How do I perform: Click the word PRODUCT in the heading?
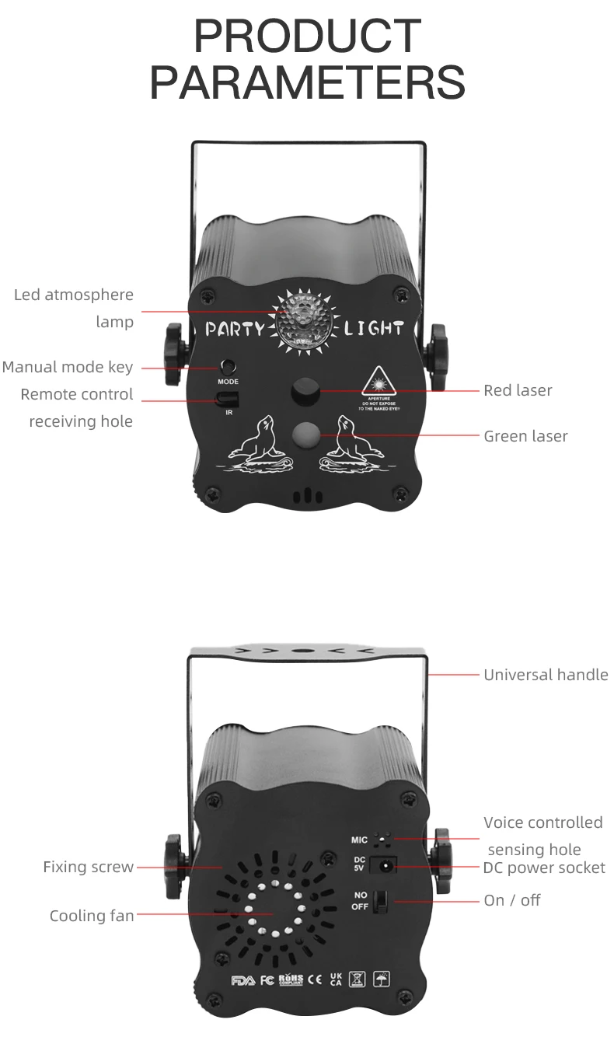(x=307, y=36)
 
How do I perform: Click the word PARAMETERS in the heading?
(x=307, y=83)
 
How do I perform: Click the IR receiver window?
(x=227, y=399)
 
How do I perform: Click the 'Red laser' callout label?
(x=518, y=390)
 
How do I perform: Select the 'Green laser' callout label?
(x=525, y=436)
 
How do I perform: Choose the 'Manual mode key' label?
(x=68, y=367)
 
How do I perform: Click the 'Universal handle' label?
(x=546, y=675)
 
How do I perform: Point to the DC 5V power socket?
(x=382, y=865)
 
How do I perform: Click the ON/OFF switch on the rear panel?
(x=381, y=902)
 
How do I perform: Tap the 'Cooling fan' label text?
(x=92, y=916)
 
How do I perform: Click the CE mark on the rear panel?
(x=315, y=979)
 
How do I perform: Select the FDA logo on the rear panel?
(x=242, y=980)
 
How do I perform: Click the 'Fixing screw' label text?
(x=89, y=867)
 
